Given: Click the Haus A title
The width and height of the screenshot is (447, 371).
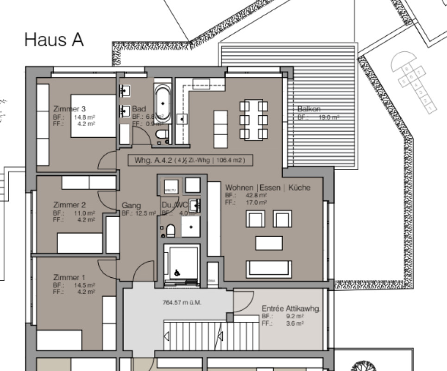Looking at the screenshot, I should point(54,40).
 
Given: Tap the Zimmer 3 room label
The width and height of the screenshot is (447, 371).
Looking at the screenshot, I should point(69,109).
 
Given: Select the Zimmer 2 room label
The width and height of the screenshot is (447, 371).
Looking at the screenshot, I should point(69,205).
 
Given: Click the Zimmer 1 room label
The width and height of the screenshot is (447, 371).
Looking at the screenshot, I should point(69,277).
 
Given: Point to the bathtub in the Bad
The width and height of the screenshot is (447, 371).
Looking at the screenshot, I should point(162,103).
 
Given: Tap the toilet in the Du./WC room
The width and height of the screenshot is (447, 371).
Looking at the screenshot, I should point(170,230).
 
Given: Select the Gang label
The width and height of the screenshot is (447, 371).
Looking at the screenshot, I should point(131,205).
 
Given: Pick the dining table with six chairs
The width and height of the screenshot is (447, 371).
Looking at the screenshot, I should point(253,120).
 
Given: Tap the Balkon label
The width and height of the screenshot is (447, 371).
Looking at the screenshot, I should point(309,109).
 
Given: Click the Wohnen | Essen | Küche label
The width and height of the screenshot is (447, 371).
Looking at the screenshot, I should point(268,188).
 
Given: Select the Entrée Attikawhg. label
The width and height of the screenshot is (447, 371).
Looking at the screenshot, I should point(291,308).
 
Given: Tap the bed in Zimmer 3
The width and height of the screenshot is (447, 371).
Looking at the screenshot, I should point(93,116).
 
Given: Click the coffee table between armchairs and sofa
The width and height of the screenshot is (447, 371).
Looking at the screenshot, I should point(269,243).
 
